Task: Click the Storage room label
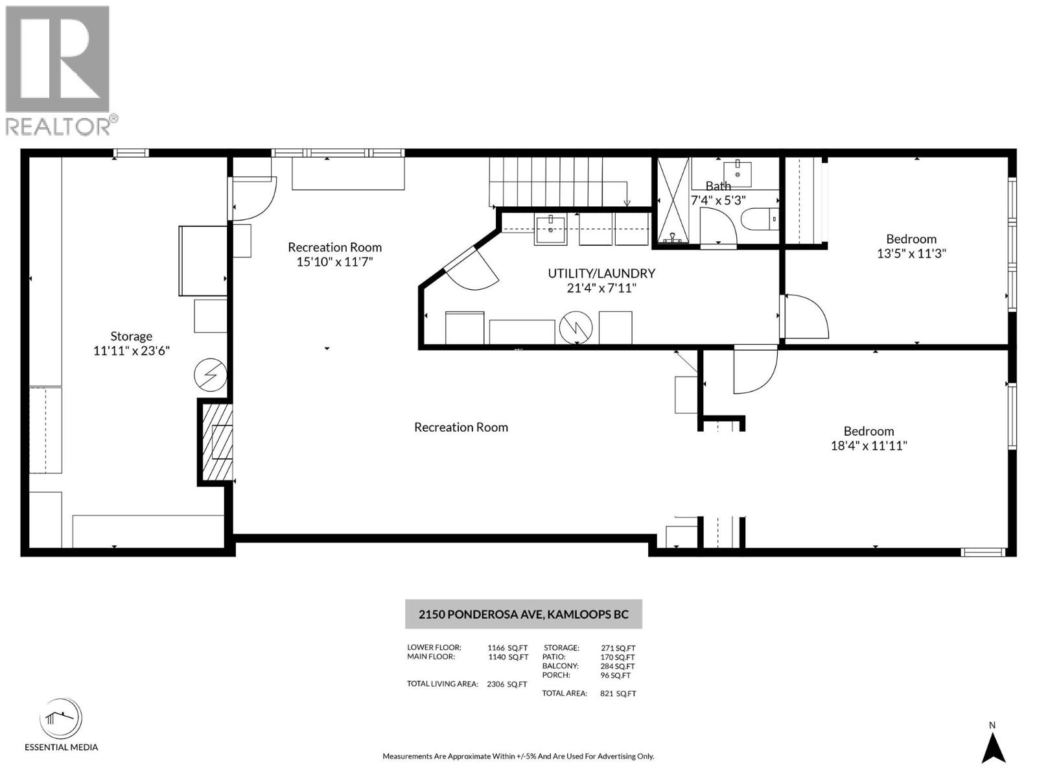131,336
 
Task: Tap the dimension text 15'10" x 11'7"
334,262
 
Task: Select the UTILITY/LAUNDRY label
601,273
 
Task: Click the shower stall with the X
673,200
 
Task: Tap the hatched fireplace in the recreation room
216,443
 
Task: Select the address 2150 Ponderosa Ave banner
523,614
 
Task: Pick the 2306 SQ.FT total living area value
506,684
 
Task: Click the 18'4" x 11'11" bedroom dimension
868,445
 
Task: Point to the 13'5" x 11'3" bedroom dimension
911,253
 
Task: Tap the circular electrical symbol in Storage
211,375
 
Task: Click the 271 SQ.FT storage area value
618,648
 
